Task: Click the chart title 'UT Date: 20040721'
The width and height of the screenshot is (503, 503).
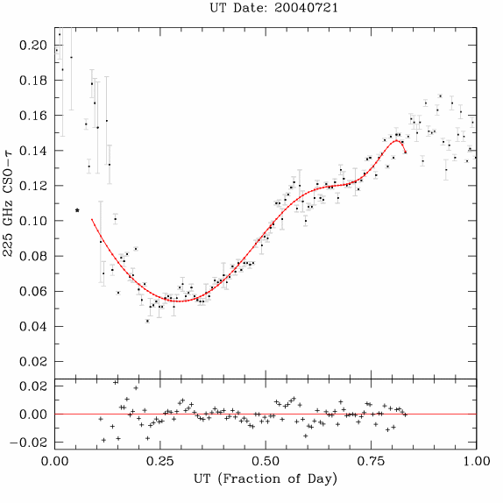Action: click(x=273, y=8)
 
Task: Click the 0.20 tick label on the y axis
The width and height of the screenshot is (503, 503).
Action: click(x=32, y=46)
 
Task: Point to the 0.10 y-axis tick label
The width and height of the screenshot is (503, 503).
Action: click(x=32, y=221)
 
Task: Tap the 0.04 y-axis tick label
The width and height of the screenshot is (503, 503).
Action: click(x=32, y=327)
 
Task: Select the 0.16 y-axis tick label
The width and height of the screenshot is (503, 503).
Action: click(x=32, y=116)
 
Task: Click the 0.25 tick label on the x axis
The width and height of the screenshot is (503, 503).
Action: click(x=160, y=461)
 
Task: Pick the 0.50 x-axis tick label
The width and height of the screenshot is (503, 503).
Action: click(x=266, y=461)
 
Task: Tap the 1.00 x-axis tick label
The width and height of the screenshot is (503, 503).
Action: click(x=477, y=461)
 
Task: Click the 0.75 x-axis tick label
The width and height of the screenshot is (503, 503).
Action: click(x=372, y=461)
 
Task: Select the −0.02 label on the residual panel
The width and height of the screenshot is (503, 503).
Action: click(x=28, y=443)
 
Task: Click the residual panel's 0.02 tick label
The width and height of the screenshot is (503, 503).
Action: click(x=32, y=386)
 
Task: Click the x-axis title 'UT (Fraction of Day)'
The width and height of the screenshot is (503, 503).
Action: click(x=266, y=479)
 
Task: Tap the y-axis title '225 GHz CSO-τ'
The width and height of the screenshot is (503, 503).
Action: click(x=8, y=203)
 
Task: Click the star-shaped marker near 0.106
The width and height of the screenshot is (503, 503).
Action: click(x=77, y=210)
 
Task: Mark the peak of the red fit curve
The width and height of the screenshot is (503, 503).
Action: click(x=396, y=140)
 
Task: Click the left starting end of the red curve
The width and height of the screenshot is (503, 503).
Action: click(x=92, y=219)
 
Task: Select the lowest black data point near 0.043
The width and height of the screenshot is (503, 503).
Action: click(x=147, y=321)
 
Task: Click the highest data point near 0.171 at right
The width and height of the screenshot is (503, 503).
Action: click(x=440, y=96)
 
